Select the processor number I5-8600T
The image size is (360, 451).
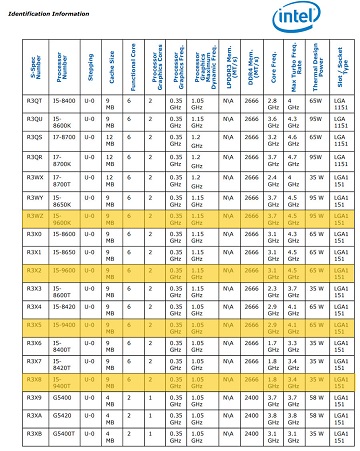64,289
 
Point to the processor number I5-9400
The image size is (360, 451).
64,325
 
